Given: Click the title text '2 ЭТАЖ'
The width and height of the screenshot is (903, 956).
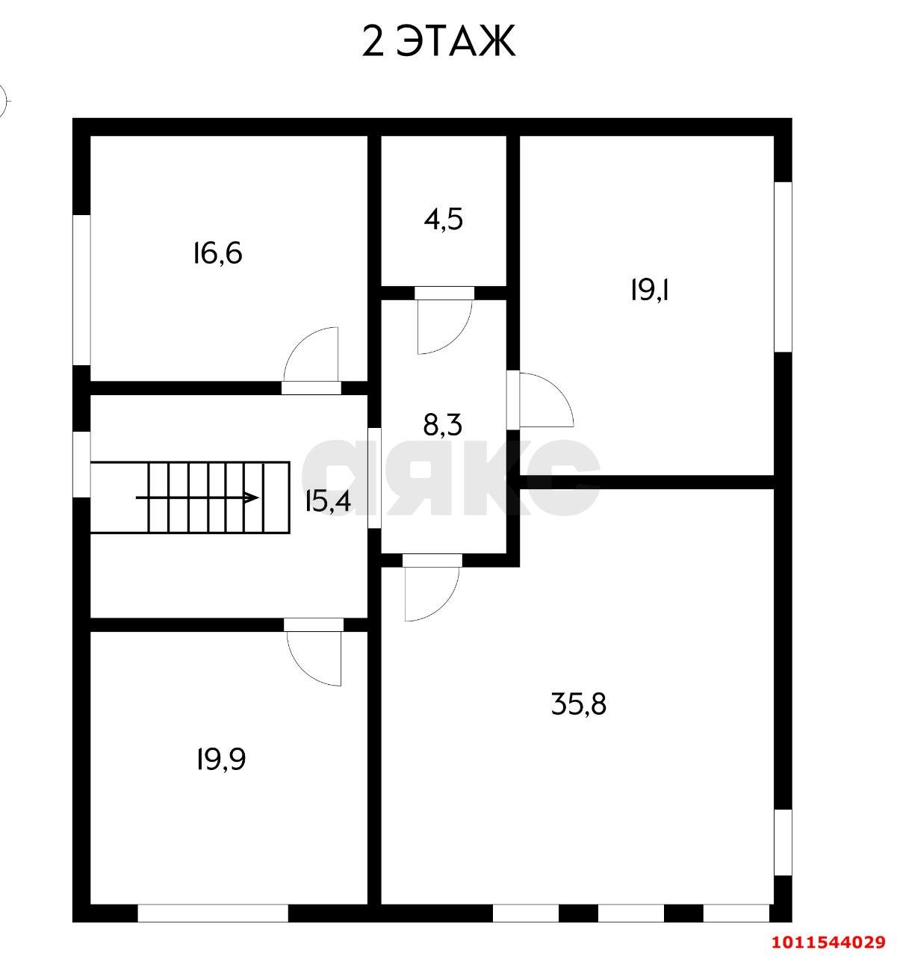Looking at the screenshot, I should pos(438,41).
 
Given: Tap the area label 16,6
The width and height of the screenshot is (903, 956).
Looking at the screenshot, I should pos(217,254).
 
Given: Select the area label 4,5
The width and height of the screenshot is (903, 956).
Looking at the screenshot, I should pos(444,219).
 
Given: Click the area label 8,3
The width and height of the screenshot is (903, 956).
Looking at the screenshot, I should pos(443,425).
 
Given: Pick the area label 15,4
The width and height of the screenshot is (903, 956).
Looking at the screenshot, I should pos(327,501).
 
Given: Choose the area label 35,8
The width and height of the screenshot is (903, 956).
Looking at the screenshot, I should pos(579,704).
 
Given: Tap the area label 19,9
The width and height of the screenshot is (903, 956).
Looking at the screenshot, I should pos(221,760).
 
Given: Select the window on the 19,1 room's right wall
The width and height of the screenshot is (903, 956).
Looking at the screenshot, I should pos(783,267).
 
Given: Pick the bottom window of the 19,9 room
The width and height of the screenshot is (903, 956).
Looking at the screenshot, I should pos(213,913).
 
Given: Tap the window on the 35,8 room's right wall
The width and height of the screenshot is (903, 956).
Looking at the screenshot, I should pos(783,842).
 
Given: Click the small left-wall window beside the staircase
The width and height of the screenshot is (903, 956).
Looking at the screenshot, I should pos(81,464).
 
